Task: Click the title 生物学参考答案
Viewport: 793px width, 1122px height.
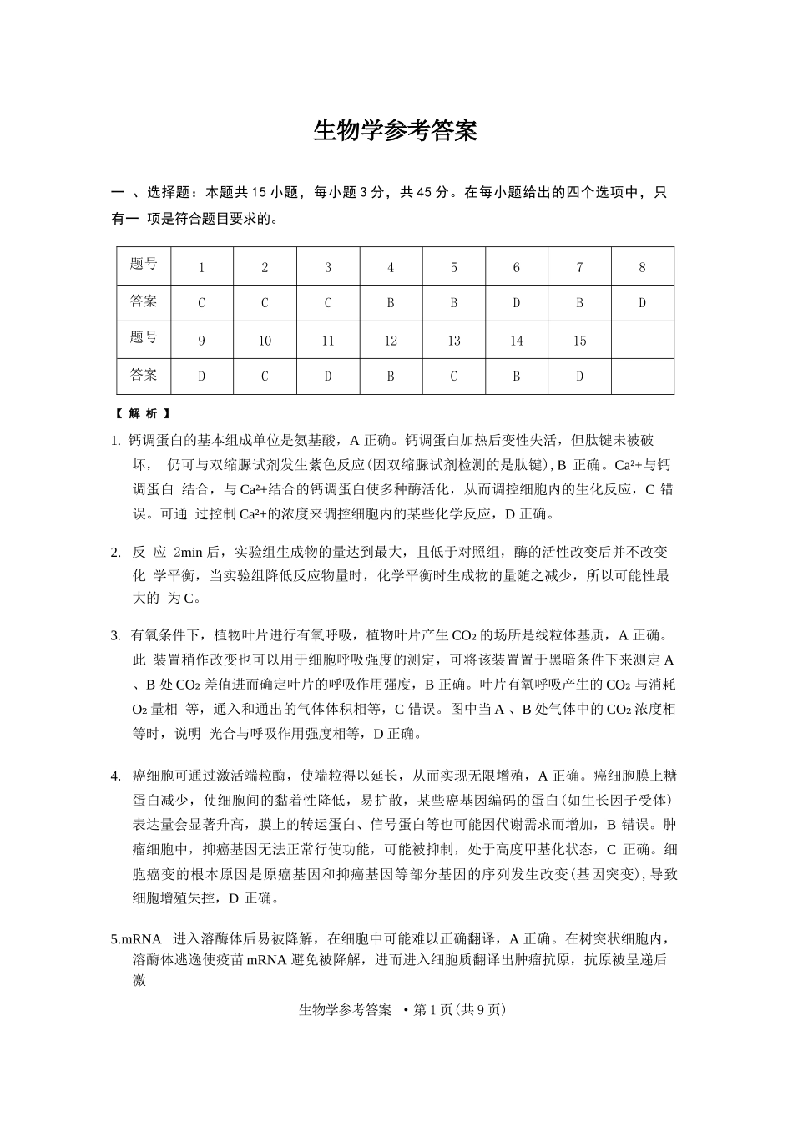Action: pos(395,130)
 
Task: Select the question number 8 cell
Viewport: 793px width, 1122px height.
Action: pos(642,267)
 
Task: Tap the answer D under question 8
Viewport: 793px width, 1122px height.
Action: pos(642,303)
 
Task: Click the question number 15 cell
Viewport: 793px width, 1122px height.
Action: pos(579,341)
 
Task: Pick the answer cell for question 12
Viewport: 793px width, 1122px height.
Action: pos(391,377)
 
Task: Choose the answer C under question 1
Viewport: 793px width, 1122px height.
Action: pos(201,303)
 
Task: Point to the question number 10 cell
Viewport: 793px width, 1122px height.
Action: pos(265,341)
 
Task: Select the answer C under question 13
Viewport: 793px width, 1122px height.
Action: pos(453,377)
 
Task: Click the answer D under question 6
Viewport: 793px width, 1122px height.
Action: pos(516,303)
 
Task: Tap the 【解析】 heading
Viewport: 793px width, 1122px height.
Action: pos(144,413)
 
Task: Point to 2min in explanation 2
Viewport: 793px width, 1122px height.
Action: pos(189,552)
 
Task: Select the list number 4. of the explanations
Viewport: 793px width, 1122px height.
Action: pos(115,776)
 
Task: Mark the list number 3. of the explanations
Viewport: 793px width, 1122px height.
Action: pos(115,635)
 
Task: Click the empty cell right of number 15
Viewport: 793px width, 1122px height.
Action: pos(642,341)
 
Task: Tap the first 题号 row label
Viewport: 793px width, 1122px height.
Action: pos(144,265)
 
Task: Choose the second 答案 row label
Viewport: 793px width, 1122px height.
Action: pos(144,375)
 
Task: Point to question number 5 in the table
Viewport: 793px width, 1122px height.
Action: pos(453,267)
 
